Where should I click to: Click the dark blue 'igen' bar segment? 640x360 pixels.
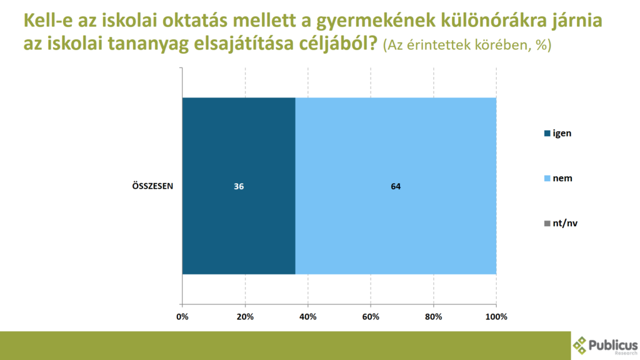tap(239, 186)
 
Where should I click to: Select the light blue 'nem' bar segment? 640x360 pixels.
tap(396, 186)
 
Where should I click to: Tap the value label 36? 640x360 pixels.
tap(239, 186)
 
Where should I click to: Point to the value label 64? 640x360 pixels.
tap(396, 186)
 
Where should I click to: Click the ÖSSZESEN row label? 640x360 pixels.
tap(152, 186)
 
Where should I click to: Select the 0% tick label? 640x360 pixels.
tap(182, 317)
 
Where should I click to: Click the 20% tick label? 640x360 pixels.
tap(245, 317)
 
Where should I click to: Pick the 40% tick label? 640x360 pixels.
tap(307, 317)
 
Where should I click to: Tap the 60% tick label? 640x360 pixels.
tap(371, 317)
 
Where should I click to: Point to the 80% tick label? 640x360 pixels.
tap(434, 317)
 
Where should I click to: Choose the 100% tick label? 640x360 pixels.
tap(496, 317)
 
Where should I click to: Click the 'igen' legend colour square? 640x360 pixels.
tap(547, 134)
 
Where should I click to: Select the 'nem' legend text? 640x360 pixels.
tap(562, 178)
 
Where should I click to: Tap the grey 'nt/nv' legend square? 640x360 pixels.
tap(547, 223)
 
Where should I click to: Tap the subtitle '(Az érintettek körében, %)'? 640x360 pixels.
tap(467, 44)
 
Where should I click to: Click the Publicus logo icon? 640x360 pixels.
tap(579, 345)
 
